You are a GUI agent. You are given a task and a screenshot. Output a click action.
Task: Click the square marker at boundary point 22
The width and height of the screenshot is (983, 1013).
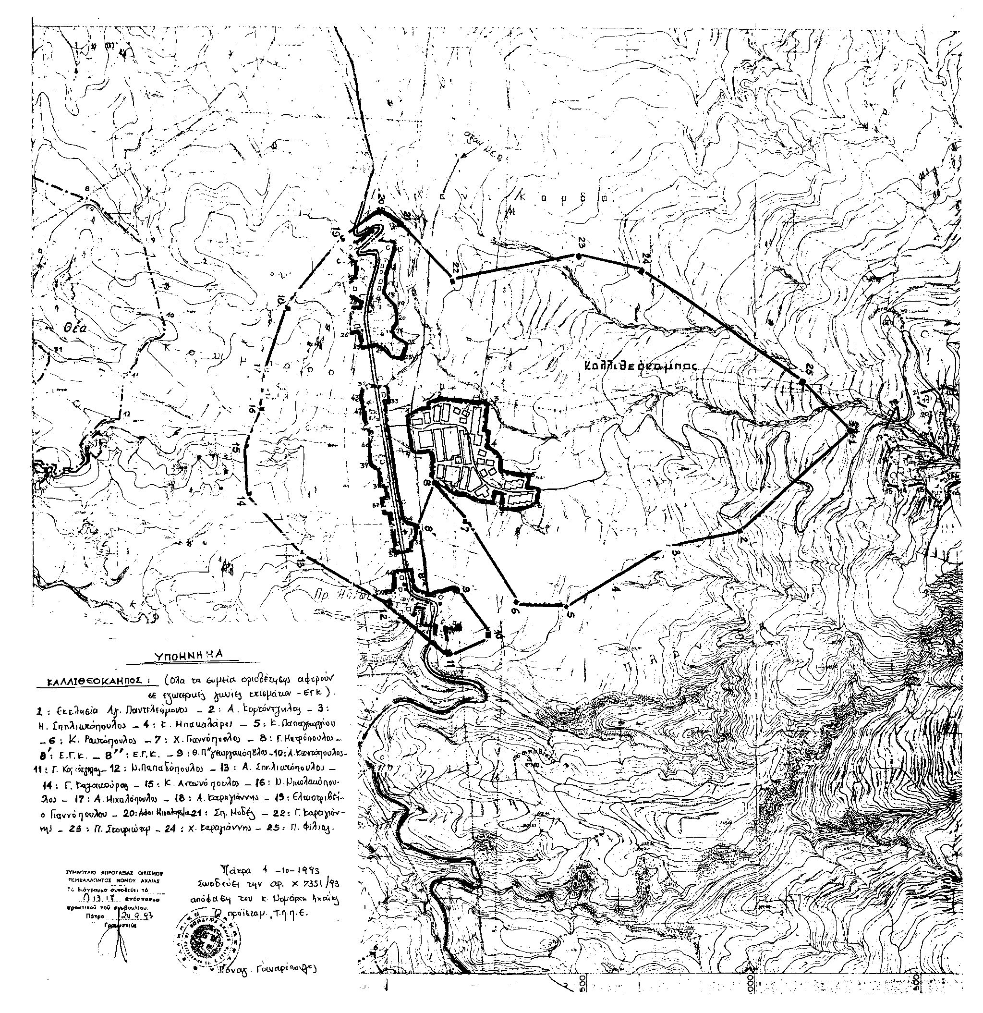click(x=453, y=281)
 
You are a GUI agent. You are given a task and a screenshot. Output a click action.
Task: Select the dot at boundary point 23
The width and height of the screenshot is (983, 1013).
click(x=578, y=256)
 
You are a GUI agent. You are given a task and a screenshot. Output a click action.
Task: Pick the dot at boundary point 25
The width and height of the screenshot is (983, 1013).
click(x=802, y=381)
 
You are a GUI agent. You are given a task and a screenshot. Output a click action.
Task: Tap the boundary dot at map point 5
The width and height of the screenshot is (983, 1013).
click(x=567, y=605)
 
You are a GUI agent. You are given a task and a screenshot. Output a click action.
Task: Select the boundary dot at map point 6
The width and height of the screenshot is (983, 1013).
click(x=516, y=602)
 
